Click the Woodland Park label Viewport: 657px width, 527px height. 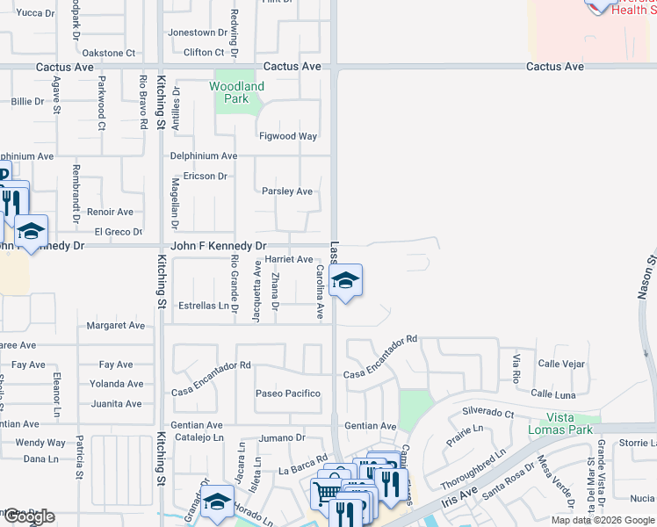(236, 92)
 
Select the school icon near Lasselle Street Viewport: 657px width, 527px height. (346, 281)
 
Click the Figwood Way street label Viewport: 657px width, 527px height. (287, 136)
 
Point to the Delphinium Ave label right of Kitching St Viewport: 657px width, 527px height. (204, 155)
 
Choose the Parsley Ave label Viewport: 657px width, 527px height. (287, 191)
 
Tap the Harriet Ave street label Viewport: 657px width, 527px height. (288, 259)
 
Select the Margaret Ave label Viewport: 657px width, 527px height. (115, 325)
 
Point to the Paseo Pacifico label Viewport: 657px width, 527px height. (287, 393)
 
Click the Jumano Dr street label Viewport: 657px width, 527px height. (282, 437)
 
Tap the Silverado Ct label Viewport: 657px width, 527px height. (487, 413)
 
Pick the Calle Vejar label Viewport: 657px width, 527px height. (561, 364)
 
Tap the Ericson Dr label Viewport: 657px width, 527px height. (205, 176)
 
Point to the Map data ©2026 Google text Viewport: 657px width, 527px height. (602, 520)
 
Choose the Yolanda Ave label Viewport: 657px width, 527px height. (116, 384)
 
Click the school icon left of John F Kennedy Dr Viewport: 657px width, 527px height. (31, 232)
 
